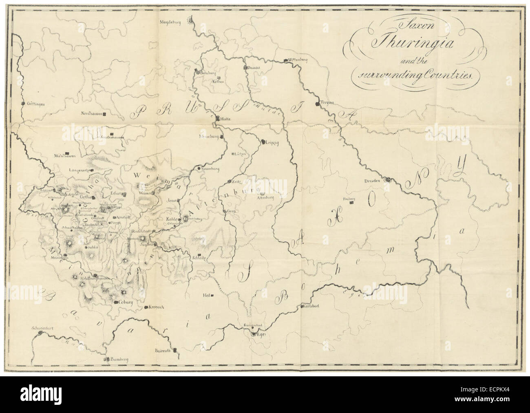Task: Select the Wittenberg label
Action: pyautogui.click(x=297, y=60)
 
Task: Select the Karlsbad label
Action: pyautogui.click(x=310, y=307)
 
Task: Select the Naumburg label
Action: pyautogui.click(x=210, y=168)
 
